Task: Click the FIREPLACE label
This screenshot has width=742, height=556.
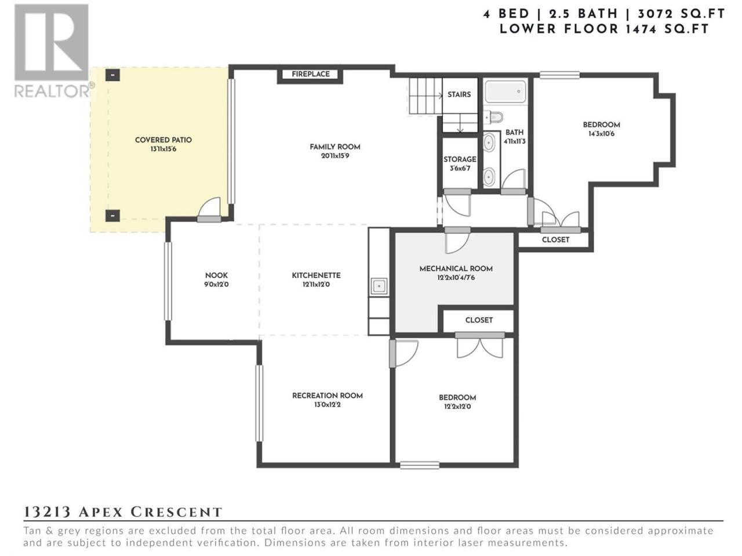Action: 311,74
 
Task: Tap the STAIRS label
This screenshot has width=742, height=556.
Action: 459,94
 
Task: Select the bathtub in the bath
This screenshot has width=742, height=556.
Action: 505,91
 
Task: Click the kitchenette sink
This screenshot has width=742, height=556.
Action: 379,287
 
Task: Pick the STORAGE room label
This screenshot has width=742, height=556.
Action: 460,159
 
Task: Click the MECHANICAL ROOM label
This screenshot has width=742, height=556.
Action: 456,269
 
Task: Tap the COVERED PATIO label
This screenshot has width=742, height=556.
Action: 163,140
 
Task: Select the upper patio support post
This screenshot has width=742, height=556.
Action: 112,75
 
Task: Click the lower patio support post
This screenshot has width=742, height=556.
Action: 112,215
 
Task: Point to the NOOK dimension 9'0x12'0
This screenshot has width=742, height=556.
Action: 216,284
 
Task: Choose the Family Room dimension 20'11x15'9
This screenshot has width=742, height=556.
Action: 335,156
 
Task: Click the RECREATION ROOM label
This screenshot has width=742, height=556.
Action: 328,396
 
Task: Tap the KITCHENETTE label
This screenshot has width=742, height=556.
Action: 317,276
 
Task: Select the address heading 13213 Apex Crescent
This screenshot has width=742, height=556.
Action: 123,512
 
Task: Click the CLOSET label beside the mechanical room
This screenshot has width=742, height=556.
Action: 479,320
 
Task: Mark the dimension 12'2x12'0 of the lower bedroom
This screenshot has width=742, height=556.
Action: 457,407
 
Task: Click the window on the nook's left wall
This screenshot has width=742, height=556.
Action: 168,281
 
